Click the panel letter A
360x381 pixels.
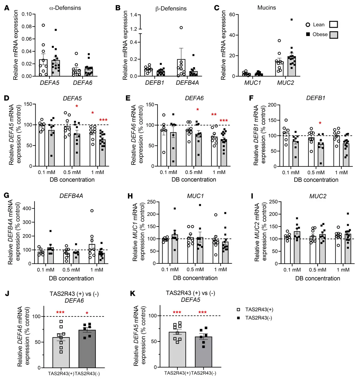pyautogui.click(x=7, y=8)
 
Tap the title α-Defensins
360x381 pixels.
pyautogui.click(x=65, y=8)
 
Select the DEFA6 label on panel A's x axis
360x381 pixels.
pyautogui.click(x=82, y=83)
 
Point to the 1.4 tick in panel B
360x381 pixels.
pyautogui.click(x=133, y=15)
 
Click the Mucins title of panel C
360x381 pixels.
pyautogui.click(x=266, y=8)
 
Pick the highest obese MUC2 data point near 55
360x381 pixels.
pyautogui.click(x=291, y=20)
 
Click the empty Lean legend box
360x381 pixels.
pyautogui.click(x=333, y=25)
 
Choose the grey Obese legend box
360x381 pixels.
pyautogui.click(x=333, y=34)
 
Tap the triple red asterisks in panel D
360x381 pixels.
pyautogui.click(x=103, y=120)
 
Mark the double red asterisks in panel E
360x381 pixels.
pyautogui.click(x=214, y=115)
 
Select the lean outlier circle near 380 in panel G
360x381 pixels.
pyautogui.click(x=92, y=211)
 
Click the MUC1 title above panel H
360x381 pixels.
pyautogui.click(x=195, y=196)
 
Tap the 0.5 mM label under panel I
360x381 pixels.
pyautogui.click(x=317, y=270)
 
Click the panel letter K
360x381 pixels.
pyautogui.click(x=132, y=294)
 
